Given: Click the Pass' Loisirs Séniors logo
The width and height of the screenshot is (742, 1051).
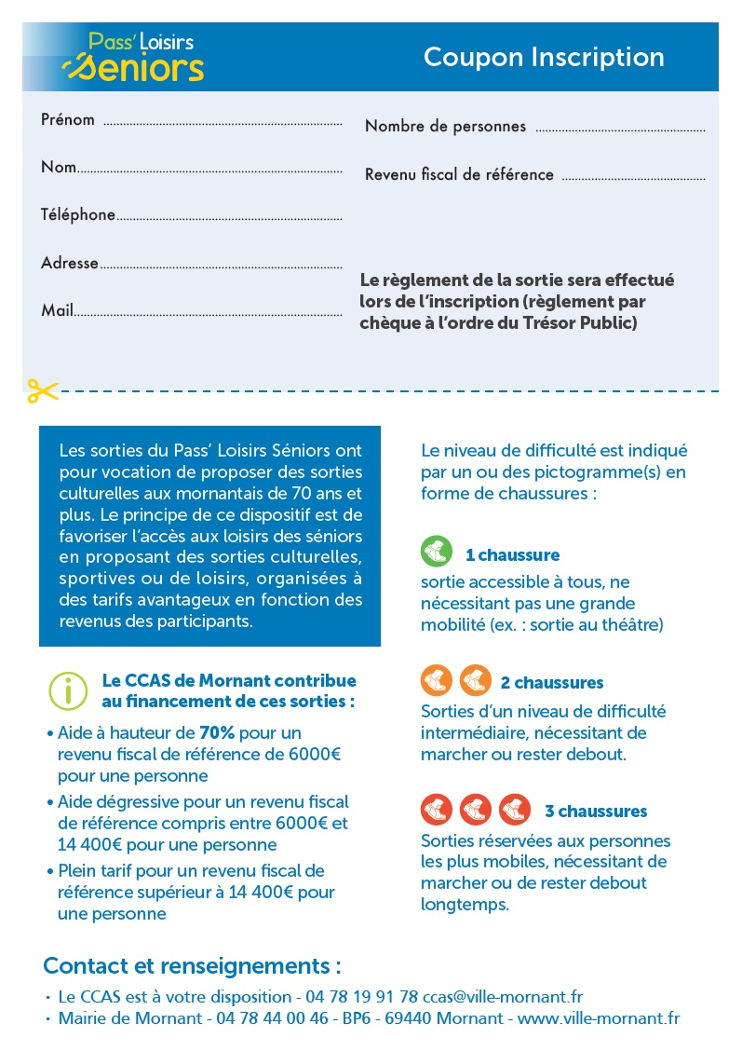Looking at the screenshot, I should point(132,57).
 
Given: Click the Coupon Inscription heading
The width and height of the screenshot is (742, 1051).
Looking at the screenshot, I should point(544,58).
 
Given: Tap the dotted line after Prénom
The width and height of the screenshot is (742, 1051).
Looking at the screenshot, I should point(222,123).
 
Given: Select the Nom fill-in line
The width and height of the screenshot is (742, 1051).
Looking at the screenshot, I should point(209,171).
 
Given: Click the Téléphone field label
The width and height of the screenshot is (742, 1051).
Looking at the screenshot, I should point(77,215).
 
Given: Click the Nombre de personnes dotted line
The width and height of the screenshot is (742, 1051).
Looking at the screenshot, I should point(620,130).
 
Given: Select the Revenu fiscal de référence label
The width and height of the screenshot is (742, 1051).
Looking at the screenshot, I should point(459,175).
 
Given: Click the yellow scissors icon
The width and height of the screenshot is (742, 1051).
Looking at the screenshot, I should point(42,390).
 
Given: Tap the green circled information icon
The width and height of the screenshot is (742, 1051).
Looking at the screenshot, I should point(67,690).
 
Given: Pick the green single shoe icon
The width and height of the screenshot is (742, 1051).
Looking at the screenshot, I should point(436,553).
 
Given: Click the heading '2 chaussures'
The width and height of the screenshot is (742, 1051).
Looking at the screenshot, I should point(551,683).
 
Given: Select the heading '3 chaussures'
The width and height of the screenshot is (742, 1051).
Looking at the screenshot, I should point(595,811).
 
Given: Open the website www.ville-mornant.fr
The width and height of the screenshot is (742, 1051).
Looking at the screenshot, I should point(599,1018).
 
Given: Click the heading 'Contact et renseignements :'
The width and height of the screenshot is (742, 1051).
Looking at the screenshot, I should point(192,965).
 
